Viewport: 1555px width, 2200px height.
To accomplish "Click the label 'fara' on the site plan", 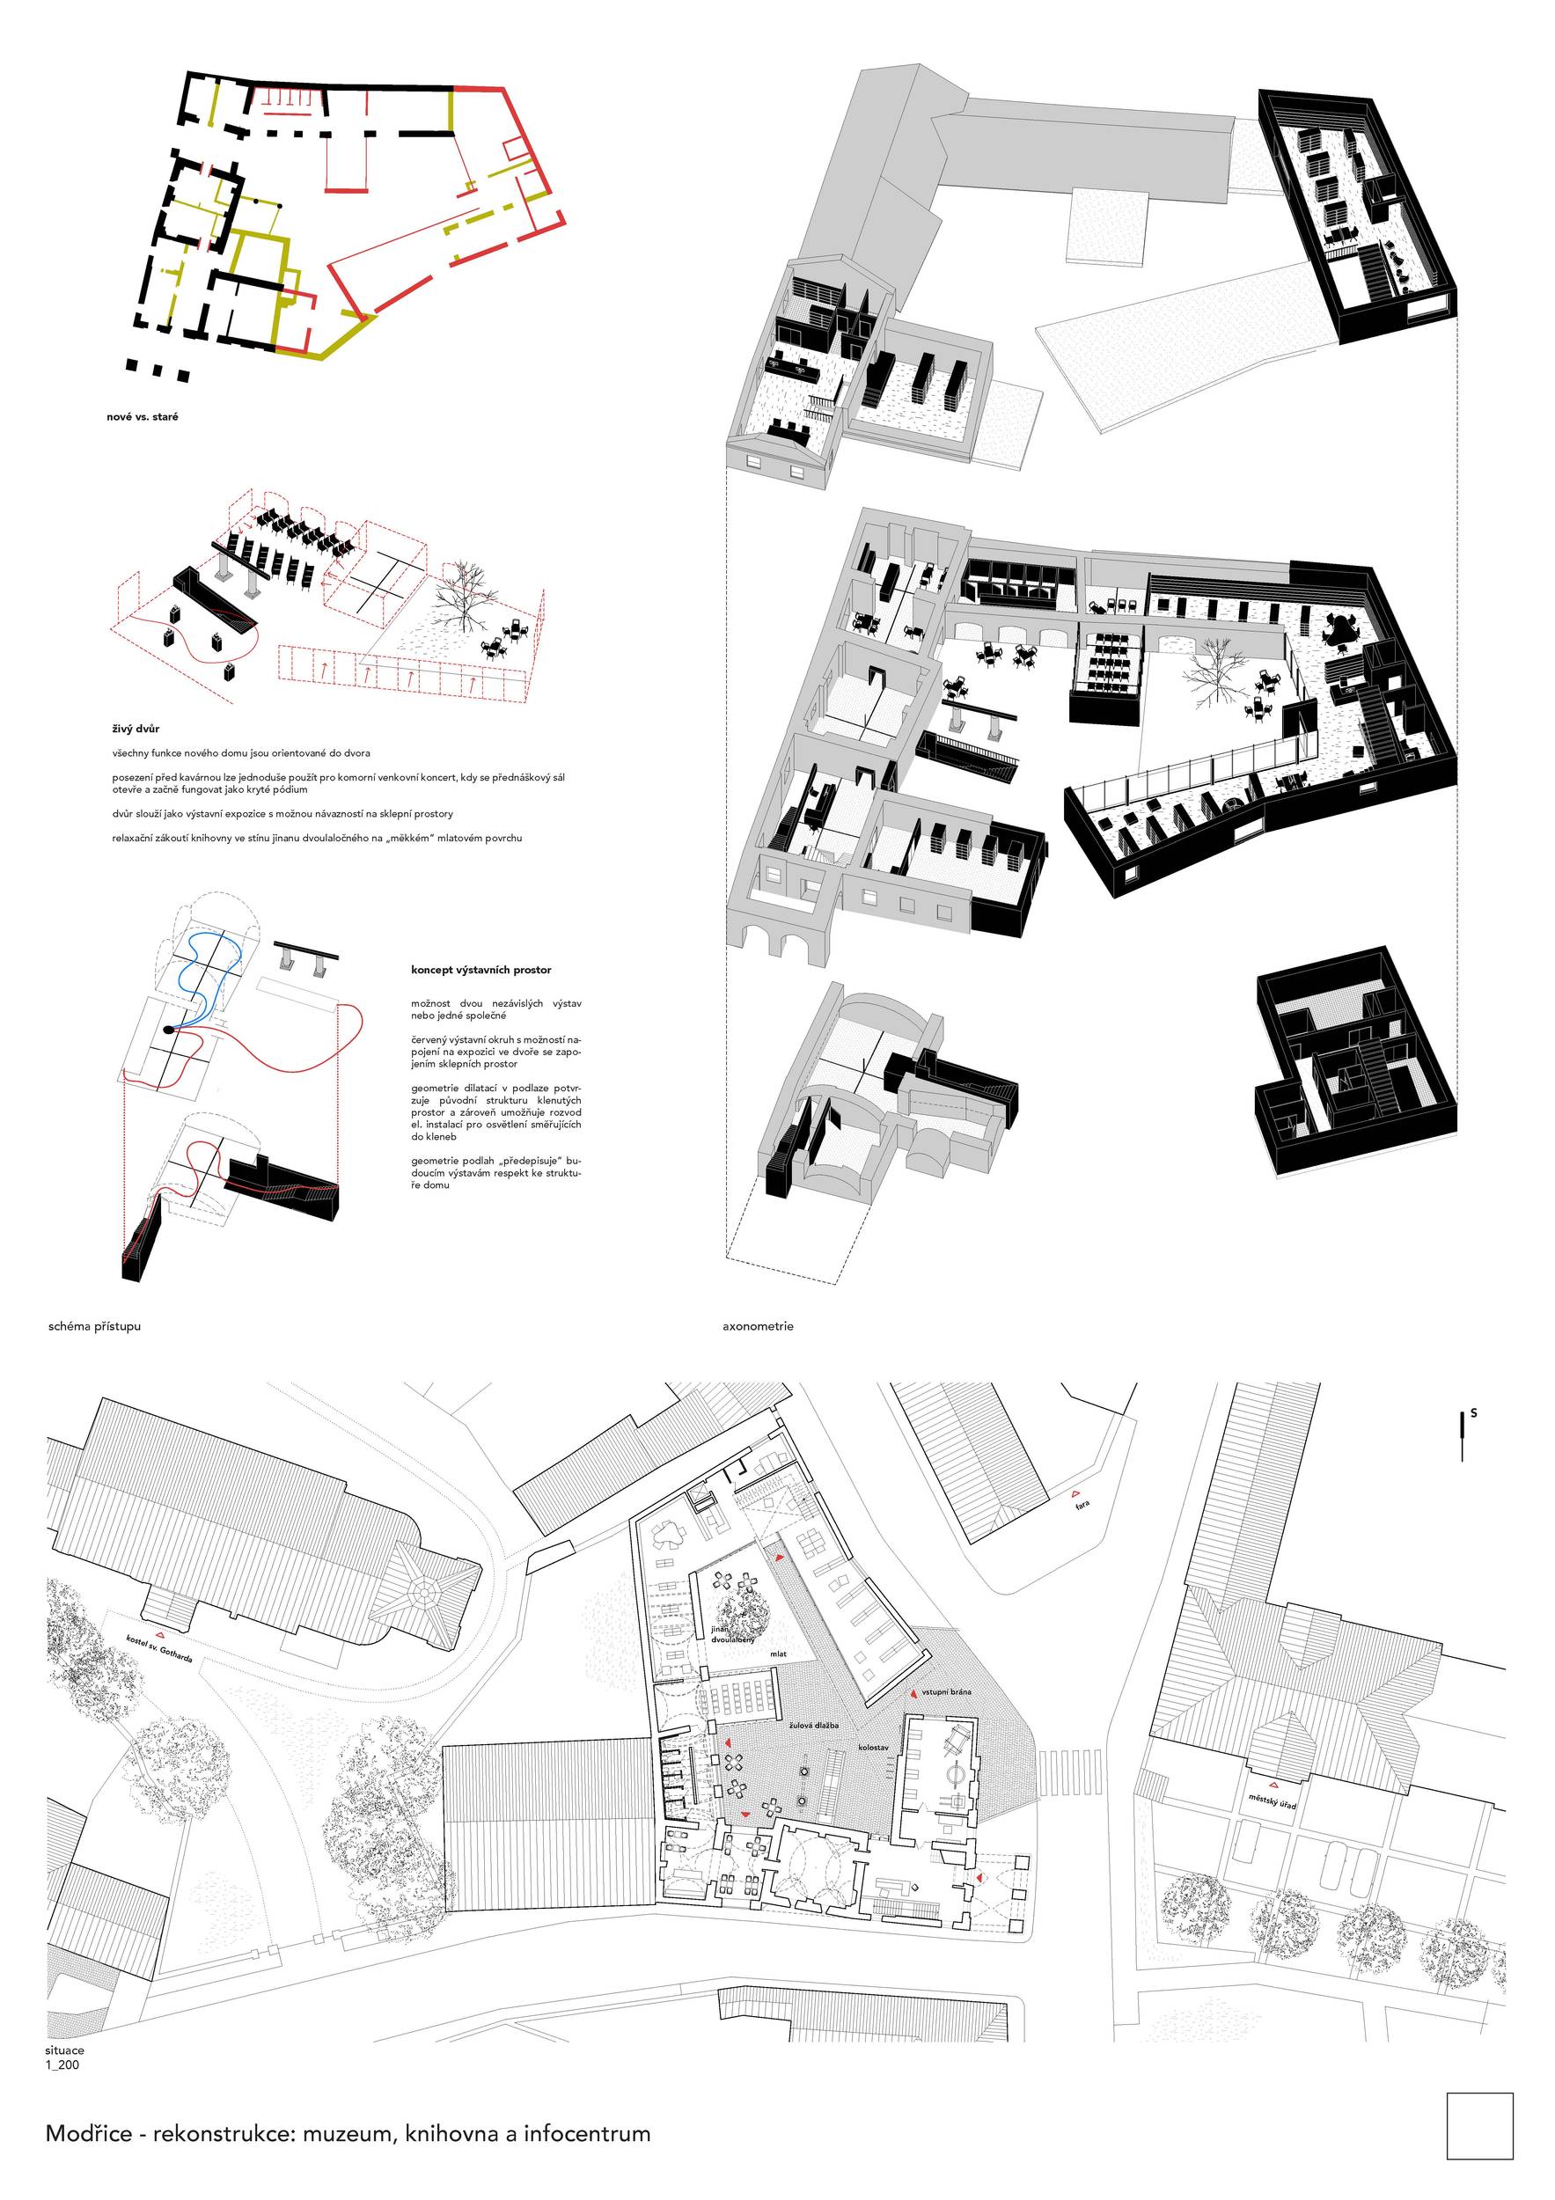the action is pyautogui.click(x=1082, y=1501).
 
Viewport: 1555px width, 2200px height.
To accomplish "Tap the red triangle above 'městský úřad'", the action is pyautogui.click(x=1273, y=1784).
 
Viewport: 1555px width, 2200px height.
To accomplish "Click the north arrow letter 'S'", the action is pyautogui.click(x=1473, y=1412).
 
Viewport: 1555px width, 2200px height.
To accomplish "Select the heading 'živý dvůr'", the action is pyautogui.click(x=136, y=730).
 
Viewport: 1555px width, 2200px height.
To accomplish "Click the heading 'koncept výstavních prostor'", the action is pyautogui.click(x=481, y=970).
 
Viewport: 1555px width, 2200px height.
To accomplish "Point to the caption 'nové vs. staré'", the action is pyautogui.click(x=142, y=417).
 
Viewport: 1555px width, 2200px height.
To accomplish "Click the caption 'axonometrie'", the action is pyautogui.click(x=758, y=1326).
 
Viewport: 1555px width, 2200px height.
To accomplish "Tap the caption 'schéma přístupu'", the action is pyautogui.click(x=94, y=1326).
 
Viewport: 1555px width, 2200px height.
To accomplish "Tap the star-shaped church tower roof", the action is pyautogui.click(x=424, y=1592).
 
